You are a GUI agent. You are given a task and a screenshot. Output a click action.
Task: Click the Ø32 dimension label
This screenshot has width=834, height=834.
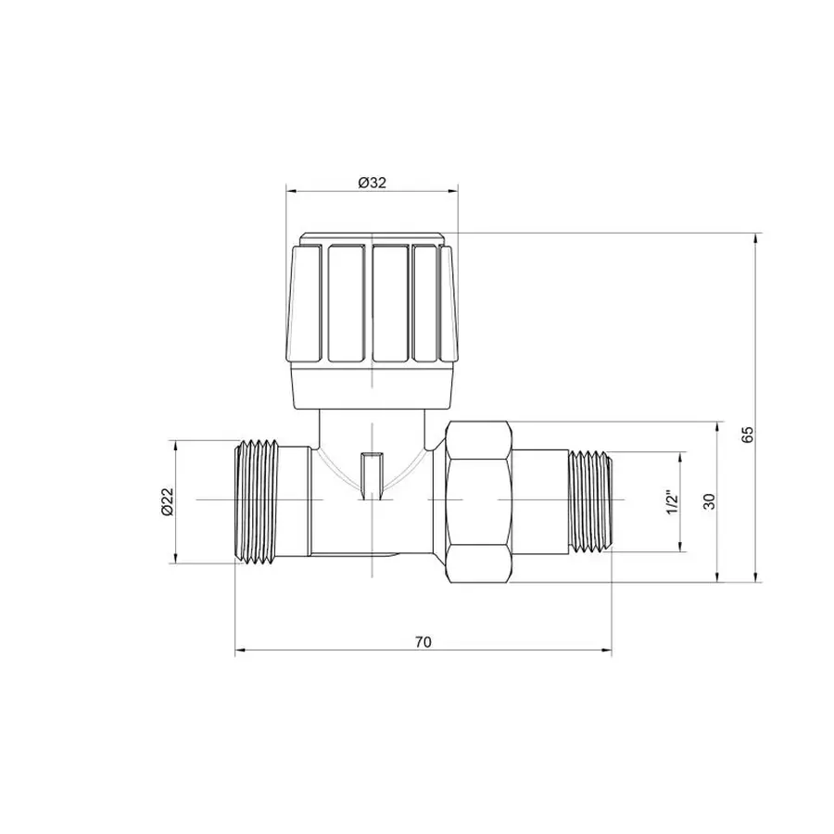click(371, 183)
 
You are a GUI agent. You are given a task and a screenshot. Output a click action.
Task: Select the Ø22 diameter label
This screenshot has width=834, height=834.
click(167, 500)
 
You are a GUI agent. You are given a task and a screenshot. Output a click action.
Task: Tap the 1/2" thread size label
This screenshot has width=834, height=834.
click(673, 500)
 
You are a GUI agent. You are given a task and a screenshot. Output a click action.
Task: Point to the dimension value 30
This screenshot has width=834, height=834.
click(709, 501)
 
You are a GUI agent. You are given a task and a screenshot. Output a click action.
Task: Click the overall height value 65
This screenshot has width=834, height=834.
click(749, 436)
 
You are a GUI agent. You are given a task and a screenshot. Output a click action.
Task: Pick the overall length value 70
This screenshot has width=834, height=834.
click(423, 641)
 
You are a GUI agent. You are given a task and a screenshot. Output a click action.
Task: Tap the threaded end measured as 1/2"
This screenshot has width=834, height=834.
click(588, 501)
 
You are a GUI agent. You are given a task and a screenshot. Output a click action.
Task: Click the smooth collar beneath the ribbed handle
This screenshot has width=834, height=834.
click(371, 387)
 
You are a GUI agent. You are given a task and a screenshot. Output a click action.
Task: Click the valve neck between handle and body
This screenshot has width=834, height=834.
click(371, 426)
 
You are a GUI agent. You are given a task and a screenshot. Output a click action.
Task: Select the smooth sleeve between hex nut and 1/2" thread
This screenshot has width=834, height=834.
click(537, 501)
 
